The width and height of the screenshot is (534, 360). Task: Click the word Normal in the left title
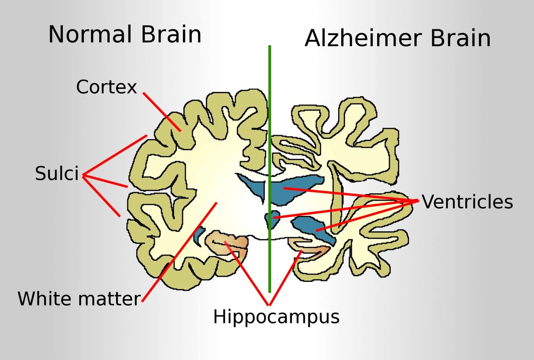click(x=90, y=34)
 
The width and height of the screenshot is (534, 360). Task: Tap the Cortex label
click(x=106, y=87)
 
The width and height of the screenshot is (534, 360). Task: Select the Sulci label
click(x=57, y=173)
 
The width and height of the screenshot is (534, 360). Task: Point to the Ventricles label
click(x=467, y=202)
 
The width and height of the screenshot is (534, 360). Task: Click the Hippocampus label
click(x=276, y=317)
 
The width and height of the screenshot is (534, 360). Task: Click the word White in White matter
click(x=46, y=298)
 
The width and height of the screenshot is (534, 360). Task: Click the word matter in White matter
click(x=109, y=299)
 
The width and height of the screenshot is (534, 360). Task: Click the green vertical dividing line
click(x=270, y=169)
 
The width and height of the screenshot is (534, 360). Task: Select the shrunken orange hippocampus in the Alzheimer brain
click(x=308, y=246)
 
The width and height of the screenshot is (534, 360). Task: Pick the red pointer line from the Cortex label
click(x=162, y=112)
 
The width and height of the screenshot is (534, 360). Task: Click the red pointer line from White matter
click(x=179, y=252)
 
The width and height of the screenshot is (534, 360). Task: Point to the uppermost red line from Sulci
click(x=115, y=155)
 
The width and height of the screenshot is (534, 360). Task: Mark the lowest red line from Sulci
click(x=101, y=196)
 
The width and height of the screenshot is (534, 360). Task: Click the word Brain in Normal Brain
click(x=171, y=34)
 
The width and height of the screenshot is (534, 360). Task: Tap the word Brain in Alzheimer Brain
click(x=461, y=38)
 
